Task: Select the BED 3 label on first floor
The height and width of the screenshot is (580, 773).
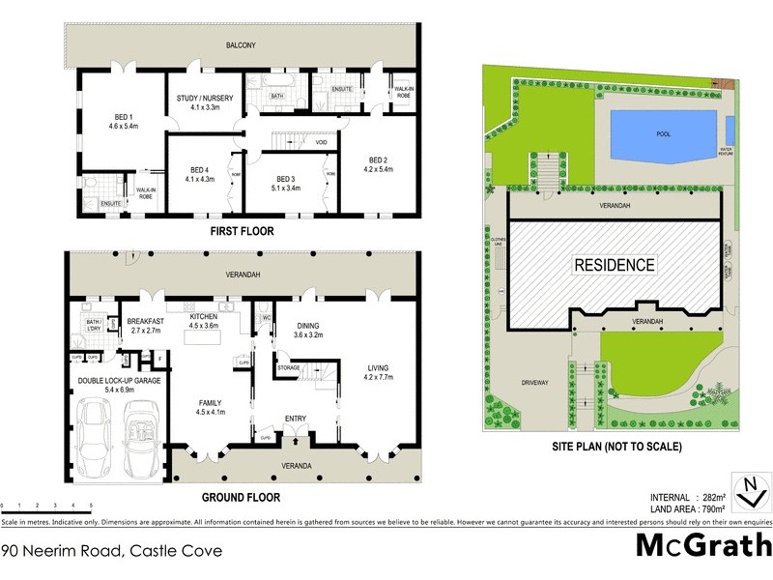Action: coord(284,179)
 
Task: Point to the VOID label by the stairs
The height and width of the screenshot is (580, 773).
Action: coord(320,142)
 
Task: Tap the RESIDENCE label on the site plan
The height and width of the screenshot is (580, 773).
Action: coord(615,265)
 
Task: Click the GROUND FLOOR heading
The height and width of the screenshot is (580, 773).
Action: coord(241,498)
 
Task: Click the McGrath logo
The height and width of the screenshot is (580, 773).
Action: coord(702,545)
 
